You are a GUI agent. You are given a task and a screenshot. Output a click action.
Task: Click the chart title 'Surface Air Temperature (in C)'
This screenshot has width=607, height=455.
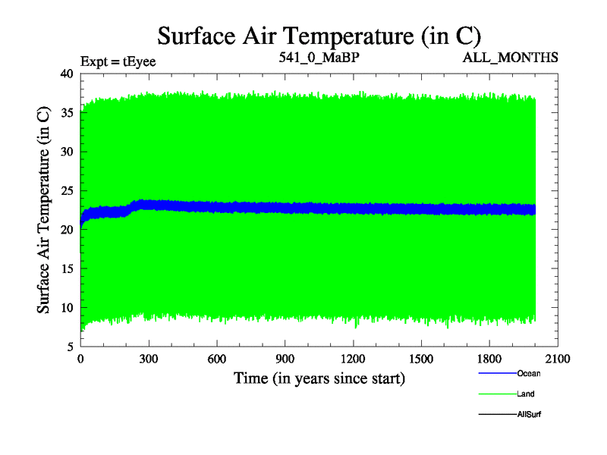319,35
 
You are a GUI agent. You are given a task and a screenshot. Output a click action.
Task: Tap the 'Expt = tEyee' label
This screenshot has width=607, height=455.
118,61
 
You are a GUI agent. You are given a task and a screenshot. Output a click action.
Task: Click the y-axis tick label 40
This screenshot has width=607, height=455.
66,74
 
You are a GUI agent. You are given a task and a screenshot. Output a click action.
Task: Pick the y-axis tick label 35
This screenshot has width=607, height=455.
66,113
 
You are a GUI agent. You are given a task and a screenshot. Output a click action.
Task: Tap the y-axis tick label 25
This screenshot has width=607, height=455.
66,190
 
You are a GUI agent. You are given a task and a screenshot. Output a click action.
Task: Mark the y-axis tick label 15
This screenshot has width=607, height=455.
66,268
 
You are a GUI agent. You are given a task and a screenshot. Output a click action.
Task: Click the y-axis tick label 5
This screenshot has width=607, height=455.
69,347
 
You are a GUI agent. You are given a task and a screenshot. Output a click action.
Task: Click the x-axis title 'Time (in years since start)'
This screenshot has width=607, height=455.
319,378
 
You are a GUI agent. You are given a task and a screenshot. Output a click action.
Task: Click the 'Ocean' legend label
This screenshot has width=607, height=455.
529,373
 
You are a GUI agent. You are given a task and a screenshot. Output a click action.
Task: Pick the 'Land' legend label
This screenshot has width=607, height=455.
526,394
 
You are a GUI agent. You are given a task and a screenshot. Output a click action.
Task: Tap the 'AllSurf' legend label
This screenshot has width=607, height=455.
530,415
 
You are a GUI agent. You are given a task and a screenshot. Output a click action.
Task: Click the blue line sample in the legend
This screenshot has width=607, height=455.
496,373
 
